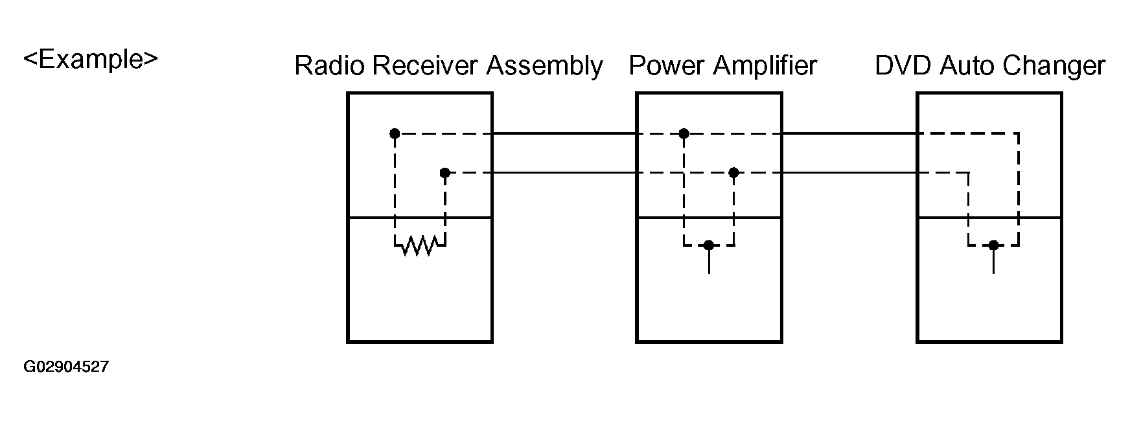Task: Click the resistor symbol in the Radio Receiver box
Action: click(420, 245)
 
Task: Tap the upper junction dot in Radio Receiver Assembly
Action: click(395, 134)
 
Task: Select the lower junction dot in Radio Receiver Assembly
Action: click(444, 173)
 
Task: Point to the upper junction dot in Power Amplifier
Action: click(684, 134)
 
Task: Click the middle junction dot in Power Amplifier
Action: click(733, 173)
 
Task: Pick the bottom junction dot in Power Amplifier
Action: click(709, 245)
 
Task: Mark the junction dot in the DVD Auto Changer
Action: click(993, 245)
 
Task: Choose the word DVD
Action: click(903, 66)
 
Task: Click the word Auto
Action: click(966, 66)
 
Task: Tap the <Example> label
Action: click(91, 60)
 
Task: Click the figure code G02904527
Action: click(66, 367)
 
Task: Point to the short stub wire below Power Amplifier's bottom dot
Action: click(709, 260)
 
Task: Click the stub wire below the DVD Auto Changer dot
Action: click(993, 260)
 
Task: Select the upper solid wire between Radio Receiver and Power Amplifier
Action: click(564, 134)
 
